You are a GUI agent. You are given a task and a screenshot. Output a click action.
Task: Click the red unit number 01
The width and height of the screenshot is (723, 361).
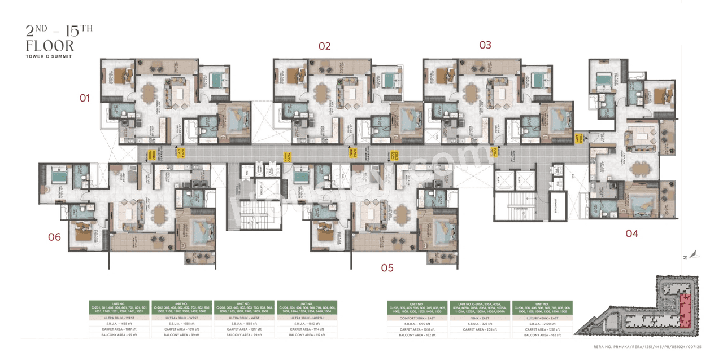(x=84, y=98)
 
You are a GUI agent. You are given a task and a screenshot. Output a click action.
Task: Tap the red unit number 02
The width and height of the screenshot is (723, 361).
(x=324, y=46)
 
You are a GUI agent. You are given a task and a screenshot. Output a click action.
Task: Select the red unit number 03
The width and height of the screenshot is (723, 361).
(x=485, y=45)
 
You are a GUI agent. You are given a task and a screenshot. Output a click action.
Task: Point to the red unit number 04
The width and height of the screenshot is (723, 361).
(x=631, y=234)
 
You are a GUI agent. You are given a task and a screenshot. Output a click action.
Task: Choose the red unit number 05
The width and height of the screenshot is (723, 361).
(x=387, y=268)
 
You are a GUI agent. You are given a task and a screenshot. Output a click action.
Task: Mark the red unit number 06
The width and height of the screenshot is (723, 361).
(x=54, y=237)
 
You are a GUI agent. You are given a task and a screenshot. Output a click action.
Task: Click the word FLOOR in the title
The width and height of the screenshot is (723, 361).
(x=50, y=45)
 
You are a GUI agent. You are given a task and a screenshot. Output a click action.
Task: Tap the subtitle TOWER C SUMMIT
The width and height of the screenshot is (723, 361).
(x=49, y=57)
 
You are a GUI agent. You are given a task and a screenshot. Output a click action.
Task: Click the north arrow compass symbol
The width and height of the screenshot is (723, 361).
(x=694, y=256)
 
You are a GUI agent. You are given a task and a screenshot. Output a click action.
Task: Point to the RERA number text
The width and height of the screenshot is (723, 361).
(x=664, y=347)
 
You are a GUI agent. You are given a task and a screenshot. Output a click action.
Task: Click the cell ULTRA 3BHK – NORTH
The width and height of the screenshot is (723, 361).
(x=307, y=318)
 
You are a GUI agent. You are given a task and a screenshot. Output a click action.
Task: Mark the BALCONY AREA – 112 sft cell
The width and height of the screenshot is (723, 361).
(x=307, y=335)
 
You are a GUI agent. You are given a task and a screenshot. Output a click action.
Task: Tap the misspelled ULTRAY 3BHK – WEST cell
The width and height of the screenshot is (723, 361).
(x=182, y=318)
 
